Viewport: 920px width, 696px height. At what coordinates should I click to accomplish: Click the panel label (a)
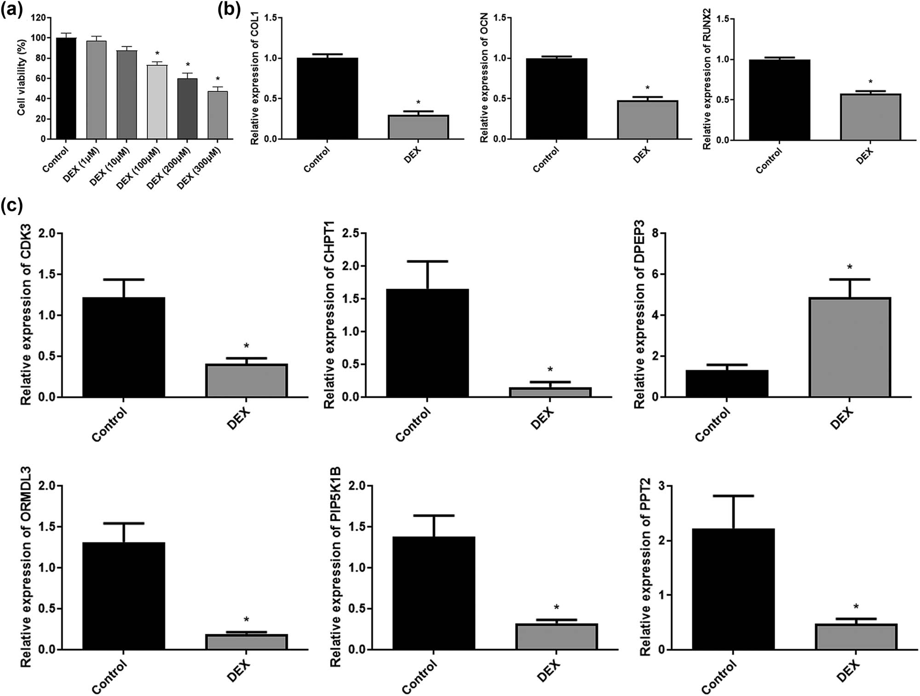pyautogui.click(x=11, y=9)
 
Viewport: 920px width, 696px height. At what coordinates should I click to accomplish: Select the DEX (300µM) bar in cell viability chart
pyautogui.click(x=218, y=115)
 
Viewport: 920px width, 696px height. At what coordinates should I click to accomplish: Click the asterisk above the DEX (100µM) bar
pyautogui.click(x=157, y=54)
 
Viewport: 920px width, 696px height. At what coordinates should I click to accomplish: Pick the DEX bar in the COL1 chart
pyautogui.click(x=418, y=127)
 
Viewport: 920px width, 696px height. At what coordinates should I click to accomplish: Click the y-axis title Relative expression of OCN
pyautogui.click(x=484, y=78)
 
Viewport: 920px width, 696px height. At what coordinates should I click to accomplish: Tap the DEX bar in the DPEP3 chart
pyautogui.click(x=850, y=348)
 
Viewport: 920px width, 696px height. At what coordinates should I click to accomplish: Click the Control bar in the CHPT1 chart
pyautogui.click(x=427, y=343)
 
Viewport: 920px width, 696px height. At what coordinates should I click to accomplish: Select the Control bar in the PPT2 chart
pyautogui.click(x=733, y=589)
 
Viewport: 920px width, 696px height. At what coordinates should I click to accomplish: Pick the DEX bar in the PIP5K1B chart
pyautogui.click(x=557, y=637)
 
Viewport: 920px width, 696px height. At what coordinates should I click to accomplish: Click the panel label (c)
pyautogui.click(x=11, y=206)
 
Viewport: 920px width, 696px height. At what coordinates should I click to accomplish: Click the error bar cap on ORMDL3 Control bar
pyautogui.click(x=124, y=523)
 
